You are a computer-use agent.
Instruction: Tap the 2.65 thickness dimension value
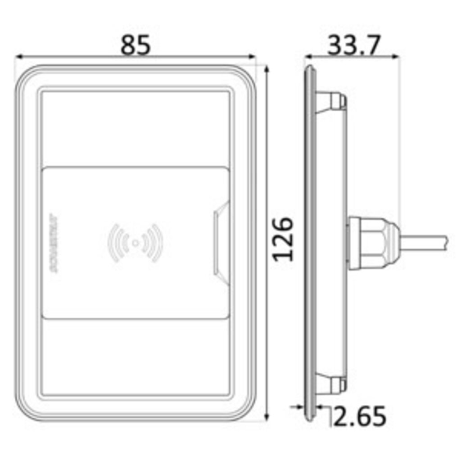click(x=360, y=416)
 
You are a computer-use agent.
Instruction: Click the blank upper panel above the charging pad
click(x=135, y=128)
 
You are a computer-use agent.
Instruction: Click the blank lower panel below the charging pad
click(x=135, y=356)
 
